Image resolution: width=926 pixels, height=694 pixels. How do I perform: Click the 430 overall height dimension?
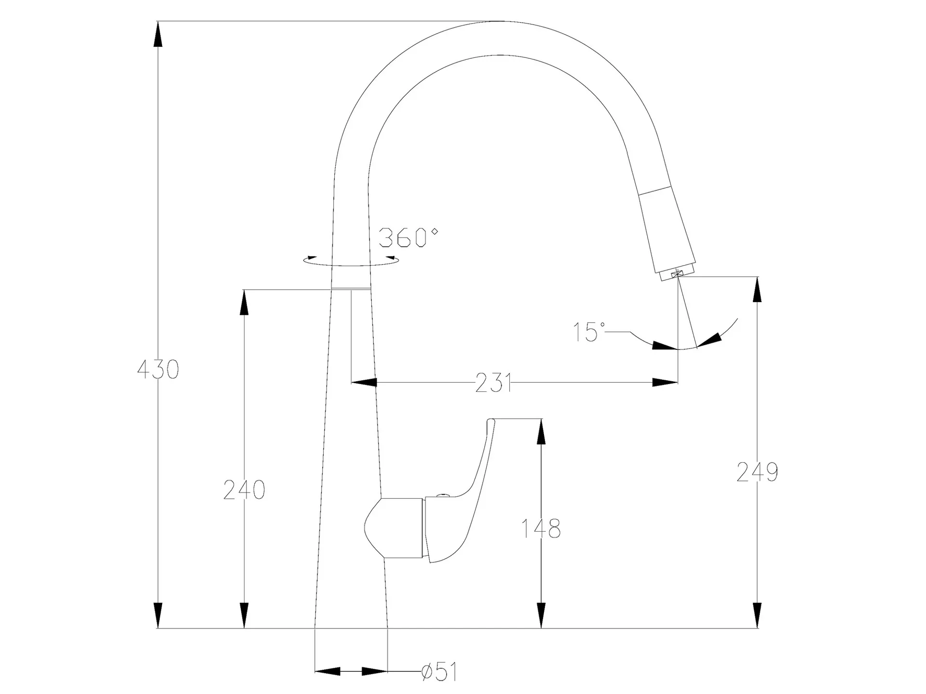pos(158,370)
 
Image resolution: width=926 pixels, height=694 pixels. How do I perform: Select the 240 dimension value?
pos(245,490)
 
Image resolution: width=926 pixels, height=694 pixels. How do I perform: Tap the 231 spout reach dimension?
pos(493,383)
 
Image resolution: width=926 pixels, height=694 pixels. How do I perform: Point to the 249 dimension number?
pos(757,472)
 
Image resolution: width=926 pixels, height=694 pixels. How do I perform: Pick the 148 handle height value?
pos(541,529)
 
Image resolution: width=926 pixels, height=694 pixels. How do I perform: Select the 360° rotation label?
pos(409,238)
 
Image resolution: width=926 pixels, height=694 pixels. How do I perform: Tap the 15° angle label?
pos(589,332)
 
